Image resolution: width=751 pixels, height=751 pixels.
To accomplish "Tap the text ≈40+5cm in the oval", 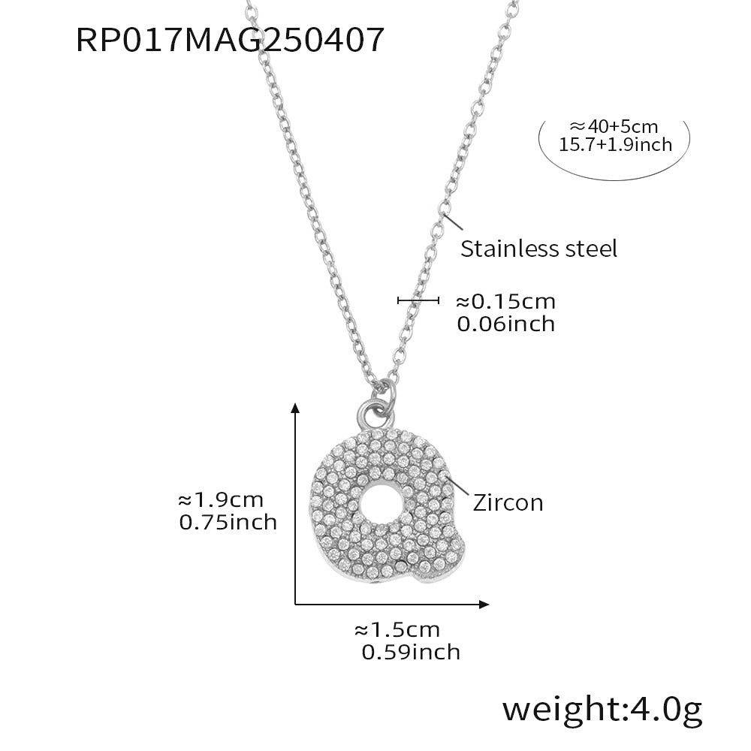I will [614, 127].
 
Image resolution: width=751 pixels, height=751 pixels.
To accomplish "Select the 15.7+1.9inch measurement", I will [615, 145].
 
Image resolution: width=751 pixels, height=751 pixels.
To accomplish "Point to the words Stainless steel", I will [538, 249].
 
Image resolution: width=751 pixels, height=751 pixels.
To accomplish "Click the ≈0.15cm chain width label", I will [505, 302].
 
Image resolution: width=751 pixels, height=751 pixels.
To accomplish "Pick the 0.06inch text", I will [505, 324].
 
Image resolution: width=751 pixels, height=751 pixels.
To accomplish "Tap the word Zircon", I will [508, 502].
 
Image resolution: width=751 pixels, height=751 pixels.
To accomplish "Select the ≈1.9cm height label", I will [220, 499].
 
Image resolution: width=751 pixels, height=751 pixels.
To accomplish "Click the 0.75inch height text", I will [228, 521].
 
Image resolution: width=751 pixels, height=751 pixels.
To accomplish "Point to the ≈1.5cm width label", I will [397, 629].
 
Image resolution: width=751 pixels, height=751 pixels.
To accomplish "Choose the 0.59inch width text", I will [411, 652].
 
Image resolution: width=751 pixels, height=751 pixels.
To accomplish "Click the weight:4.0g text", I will [602, 707].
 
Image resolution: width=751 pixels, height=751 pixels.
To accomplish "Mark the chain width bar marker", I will [418, 301].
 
